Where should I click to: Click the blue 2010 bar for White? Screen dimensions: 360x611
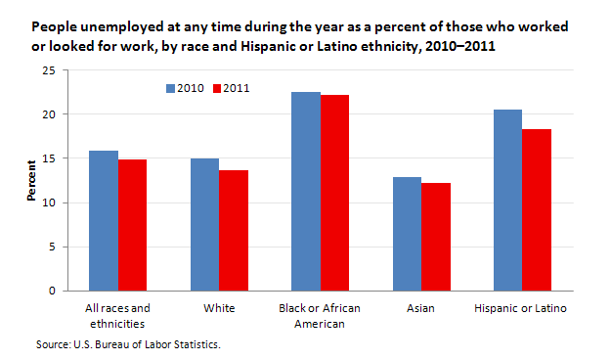[204, 225]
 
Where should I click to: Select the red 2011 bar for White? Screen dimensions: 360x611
[233, 231]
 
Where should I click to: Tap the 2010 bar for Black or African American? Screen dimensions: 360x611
[306, 192]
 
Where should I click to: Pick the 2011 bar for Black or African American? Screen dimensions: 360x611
[334, 193]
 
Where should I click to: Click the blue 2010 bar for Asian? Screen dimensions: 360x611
[408, 234]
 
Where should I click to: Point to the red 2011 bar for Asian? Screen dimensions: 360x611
[436, 237]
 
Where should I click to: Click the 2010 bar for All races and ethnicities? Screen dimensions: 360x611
[103, 221]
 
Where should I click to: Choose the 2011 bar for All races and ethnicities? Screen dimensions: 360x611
[131, 225]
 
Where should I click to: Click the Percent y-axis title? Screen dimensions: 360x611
[30, 181]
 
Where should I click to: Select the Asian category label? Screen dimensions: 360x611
[421, 309]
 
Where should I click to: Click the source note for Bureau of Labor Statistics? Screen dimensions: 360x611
[126, 344]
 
